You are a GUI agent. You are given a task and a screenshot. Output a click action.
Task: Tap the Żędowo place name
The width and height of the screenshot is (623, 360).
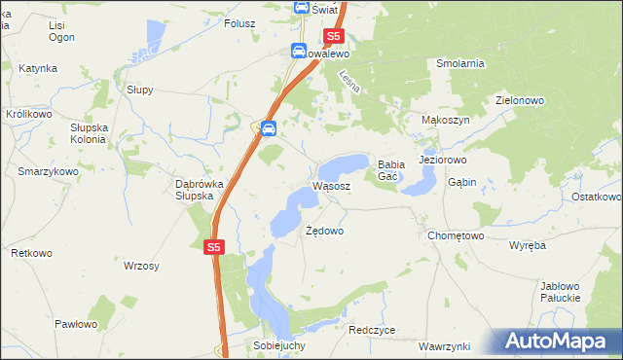[x=324, y=232]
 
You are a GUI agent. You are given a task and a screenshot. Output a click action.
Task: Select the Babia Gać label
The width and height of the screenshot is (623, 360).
[x=391, y=170]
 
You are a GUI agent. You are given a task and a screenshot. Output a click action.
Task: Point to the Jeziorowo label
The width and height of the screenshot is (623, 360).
[x=443, y=159]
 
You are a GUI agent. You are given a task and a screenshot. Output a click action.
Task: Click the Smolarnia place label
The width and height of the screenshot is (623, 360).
[x=460, y=63]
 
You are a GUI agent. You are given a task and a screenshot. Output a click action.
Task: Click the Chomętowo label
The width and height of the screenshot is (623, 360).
[x=456, y=235]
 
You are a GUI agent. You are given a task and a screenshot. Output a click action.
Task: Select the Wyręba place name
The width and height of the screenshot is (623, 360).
[x=529, y=245]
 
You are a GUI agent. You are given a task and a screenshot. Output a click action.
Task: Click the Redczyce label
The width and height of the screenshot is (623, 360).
[x=372, y=330]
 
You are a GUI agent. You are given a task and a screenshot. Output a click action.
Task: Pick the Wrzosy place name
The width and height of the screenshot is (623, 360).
[x=142, y=266]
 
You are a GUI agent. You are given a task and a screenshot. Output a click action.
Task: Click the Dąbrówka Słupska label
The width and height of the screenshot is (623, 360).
[x=180, y=189]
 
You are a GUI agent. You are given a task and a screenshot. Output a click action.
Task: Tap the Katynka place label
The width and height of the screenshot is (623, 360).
[x=37, y=69]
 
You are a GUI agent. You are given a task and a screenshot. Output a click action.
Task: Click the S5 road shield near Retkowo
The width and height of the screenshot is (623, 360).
[x=215, y=248]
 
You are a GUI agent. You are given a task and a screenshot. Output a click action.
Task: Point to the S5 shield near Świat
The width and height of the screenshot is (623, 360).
[x=334, y=36]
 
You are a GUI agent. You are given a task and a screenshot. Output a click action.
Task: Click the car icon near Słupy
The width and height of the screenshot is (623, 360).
[x=268, y=127]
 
